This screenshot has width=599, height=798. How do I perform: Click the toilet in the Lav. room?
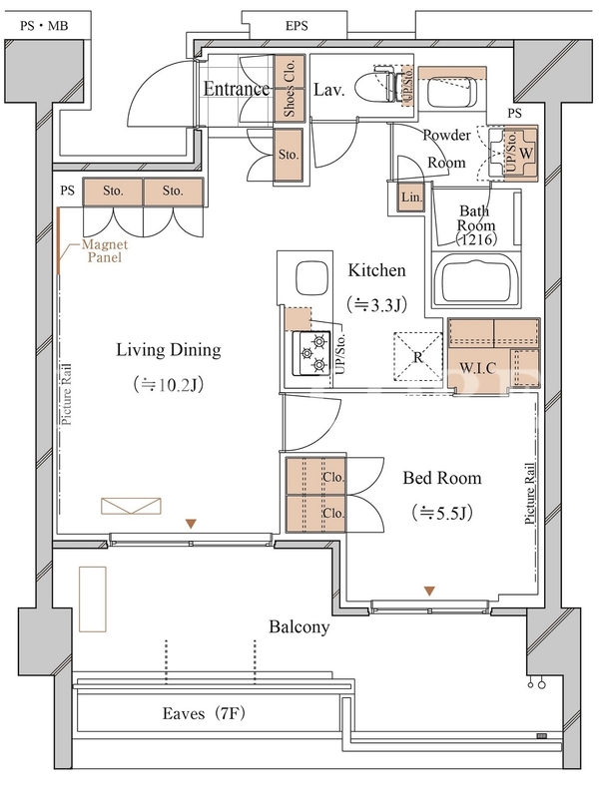[376, 85]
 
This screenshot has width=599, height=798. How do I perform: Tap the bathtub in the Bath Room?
[477, 279]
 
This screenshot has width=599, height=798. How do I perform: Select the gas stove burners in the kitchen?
[310, 353]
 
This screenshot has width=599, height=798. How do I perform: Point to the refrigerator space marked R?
[417, 356]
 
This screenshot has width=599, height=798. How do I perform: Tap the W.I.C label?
[478, 368]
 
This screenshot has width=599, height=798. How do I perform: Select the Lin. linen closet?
[410, 197]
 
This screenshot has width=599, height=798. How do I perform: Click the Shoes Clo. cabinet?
[290, 88]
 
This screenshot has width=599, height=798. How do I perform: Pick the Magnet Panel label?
[105, 251]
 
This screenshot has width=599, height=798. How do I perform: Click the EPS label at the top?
[297, 26]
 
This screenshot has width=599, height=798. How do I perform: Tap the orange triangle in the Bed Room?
[429, 591]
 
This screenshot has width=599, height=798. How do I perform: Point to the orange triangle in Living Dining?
[191, 524]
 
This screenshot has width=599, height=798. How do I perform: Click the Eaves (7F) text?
[204, 713]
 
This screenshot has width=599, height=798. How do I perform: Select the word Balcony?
[299, 626]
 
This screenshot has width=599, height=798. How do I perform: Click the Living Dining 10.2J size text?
[169, 384]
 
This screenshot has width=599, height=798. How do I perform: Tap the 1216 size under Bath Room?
[476, 238]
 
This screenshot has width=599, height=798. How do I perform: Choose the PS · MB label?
[44, 26]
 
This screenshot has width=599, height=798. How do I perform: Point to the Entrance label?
[237, 89]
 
